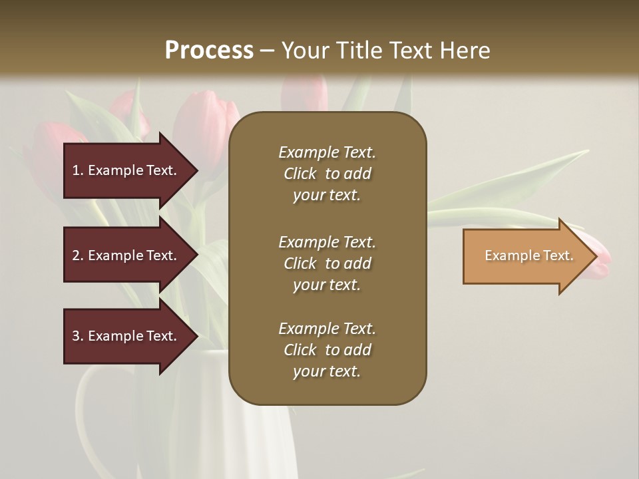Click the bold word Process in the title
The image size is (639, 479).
(x=209, y=51)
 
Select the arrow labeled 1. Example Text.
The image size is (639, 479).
(x=126, y=170)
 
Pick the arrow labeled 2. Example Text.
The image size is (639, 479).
(x=126, y=255)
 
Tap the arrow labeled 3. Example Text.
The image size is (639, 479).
(x=126, y=336)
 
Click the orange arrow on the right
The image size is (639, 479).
(x=526, y=256)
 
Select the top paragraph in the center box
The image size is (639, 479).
(x=327, y=174)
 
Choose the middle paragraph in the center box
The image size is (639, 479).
(x=327, y=263)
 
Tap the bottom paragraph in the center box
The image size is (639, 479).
(x=327, y=350)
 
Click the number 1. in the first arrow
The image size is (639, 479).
(x=78, y=170)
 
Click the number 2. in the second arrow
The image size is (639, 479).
(x=78, y=255)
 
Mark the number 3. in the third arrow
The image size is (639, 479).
(x=78, y=336)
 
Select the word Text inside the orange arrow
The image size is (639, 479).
(x=558, y=255)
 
